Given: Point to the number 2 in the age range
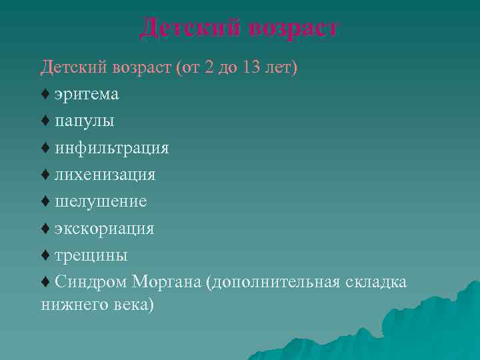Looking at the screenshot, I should [x=210, y=68].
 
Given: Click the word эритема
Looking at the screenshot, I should [x=87, y=95].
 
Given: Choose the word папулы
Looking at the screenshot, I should [x=85, y=121].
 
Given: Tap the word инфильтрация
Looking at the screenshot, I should [x=112, y=148].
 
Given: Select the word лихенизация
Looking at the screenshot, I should [x=105, y=175].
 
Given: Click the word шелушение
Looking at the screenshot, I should [x=101, y=201].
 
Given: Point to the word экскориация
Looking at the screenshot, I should [x=105, y=229].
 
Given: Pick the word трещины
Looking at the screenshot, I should [x=91, y=255].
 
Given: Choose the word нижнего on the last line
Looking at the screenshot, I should [x=69, y=305].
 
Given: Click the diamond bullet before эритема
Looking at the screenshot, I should [x=45, y=95].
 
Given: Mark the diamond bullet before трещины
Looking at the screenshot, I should [x=45, y=255].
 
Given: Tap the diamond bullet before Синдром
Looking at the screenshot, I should [x=45, y=282].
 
